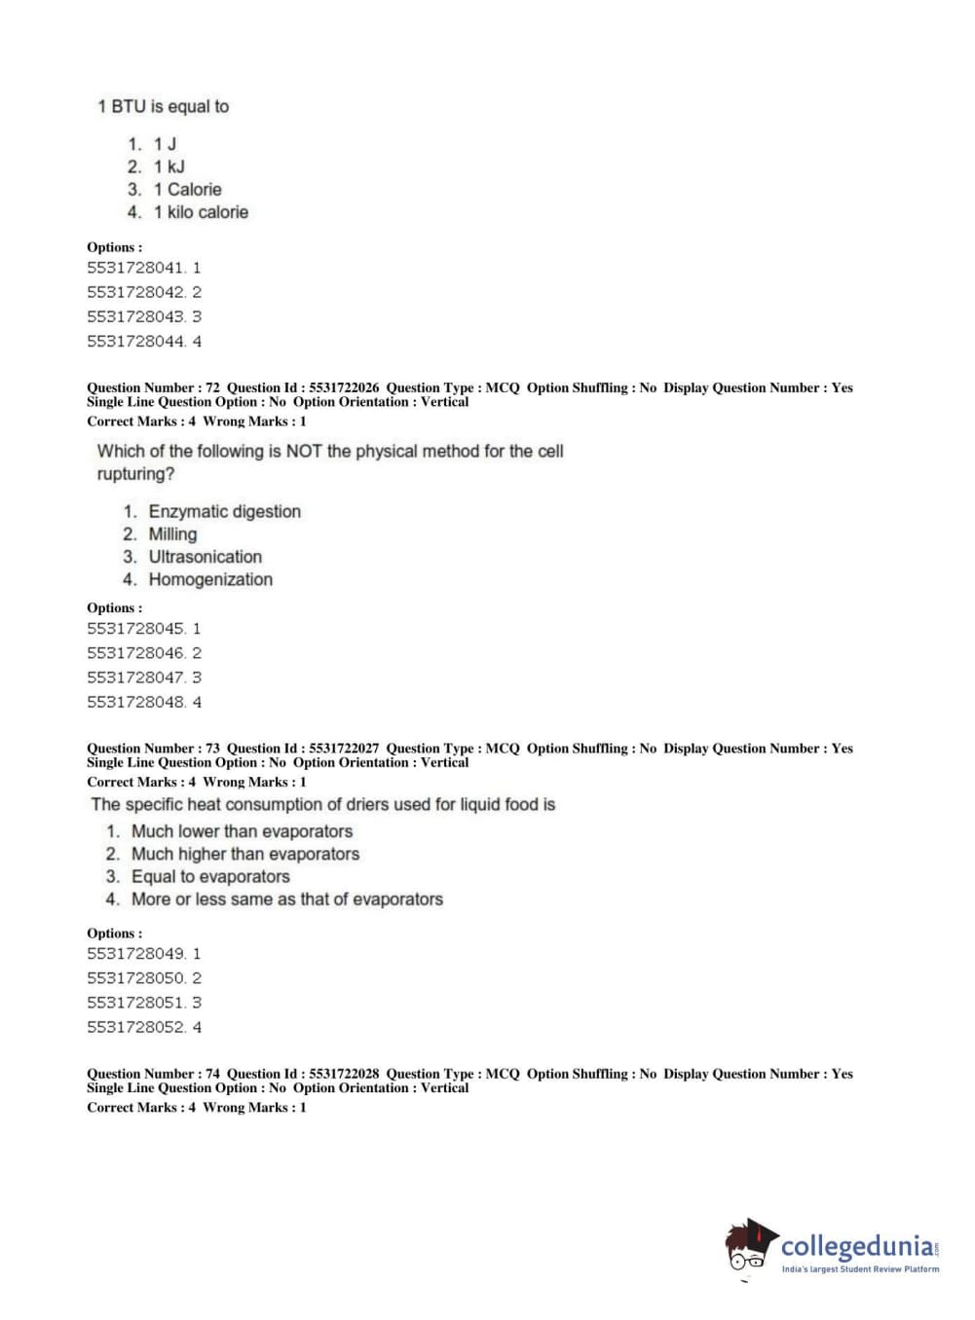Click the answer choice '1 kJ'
pyautogui.click(x=169, y=166)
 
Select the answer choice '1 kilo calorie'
pyautogui.click(x=200, y=212)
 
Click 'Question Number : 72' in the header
pyautogui.click(x=153, y=387)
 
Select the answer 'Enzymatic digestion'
pyautogui.click(x=224, y=512)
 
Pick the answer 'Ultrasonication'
pyautogui.click(x=205, y=557)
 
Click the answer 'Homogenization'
pyautogui.click(x=210, y=580)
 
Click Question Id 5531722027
pyautogui.click(x=303, y=749)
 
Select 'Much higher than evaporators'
pyautogui.click(x=244, y=855)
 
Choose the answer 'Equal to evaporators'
pyautogui.click(x=210, y=877)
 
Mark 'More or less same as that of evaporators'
pyautogui.click(x=286, y=899)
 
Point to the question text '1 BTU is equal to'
pyautogui.click(x=163, y=106)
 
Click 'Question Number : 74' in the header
pyautogui.click(x=153, y=1074)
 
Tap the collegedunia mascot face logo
pyautogui.click(x=749, y=1247)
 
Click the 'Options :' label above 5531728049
pyautogui.click(x=114, y=934)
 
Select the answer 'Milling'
pyautogui.click(x=172, y=534)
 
